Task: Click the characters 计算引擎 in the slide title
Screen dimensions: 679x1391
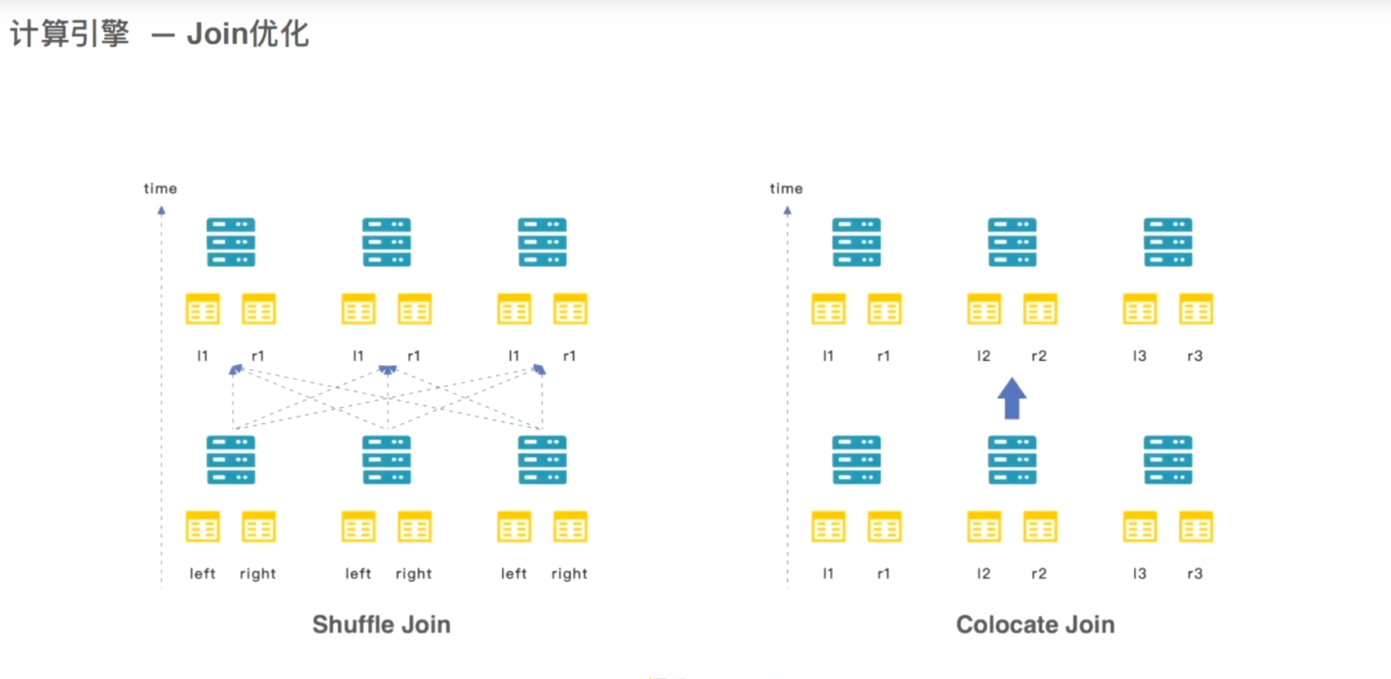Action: coord(70,34)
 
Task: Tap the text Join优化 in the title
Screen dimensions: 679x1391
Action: coord(248,34)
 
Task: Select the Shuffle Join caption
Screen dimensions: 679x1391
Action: coord(381,624)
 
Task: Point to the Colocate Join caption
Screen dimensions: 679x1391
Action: coord(1035,624)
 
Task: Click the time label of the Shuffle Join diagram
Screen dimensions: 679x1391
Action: coord(160,188)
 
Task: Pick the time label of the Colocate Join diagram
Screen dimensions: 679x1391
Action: coord(786,188)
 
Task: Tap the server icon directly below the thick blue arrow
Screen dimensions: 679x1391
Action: coord(1012,460)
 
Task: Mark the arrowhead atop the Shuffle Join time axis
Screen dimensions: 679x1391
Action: coord(161,210)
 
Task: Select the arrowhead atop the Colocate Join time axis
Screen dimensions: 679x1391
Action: coord(787,210)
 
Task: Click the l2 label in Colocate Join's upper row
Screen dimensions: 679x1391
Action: coord(984,356)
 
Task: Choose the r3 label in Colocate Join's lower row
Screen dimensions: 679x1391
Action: coord(1195,573)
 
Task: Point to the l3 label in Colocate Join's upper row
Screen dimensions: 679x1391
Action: coord(1139,356)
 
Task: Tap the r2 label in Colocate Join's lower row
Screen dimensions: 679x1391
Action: coord(1039,573)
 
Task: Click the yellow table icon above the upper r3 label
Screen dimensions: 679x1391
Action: coord(1196,309)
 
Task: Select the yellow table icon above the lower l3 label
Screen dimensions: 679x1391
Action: coord(1140,527)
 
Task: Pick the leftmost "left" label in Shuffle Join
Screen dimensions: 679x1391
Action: coord(202,573)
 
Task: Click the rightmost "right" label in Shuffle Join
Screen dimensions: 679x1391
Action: coord(569,573)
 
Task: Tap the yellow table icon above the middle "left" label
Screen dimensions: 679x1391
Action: coord(358,527)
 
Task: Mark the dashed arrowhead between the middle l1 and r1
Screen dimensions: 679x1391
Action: coord(388,370)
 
